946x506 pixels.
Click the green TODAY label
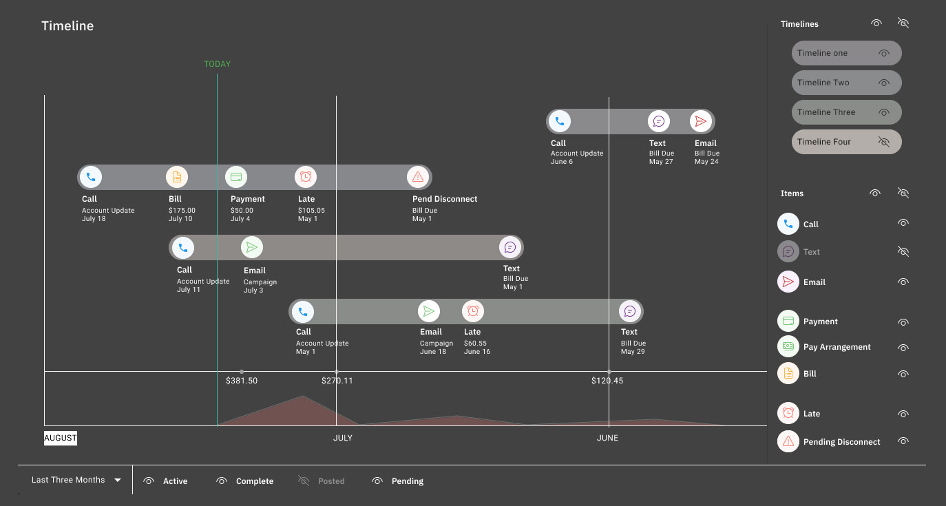pyautogui.click(x=217, y=64)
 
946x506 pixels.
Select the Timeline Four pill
pyautogui.click(x=846, y=142)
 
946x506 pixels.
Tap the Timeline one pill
pyautogui.click(x=846, y=53)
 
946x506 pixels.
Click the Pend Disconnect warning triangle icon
pyautogui.click(x=417, y=177)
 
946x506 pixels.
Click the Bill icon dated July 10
pyautogui.click(x=177, y=177)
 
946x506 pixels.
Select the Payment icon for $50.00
pyautogui.click(x=236, y=177)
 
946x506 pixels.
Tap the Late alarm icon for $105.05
pyautogui.click(x=306, y=177)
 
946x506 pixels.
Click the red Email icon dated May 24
pyautogui.click(x=701, y=122)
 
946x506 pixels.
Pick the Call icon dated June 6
pyautogui.click(x=559, y=122)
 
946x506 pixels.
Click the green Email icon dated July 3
pyautogui.click(x=252, y=247)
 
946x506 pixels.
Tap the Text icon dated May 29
pyautogui.click(x=629, y=311)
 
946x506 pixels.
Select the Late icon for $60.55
pyautogui.click(x=472, y=311)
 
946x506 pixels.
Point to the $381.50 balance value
pyautogui.click(x=242, y=380)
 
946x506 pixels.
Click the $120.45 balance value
pyautogui.click(x=607, y=380)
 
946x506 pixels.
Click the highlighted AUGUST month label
pyautogui.click(x=61, y=438)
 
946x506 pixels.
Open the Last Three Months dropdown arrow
pyautogui.click(x=118, y=481)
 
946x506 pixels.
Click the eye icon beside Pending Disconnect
pyautogui.click(x=903, y=441)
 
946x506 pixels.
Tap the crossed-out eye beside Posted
pyautogui.click(x=304, y=481)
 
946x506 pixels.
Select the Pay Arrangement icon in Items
pyautogui.click(x=788, y=346)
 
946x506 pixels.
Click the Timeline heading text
pyautogui.click(x=67, y=26)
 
